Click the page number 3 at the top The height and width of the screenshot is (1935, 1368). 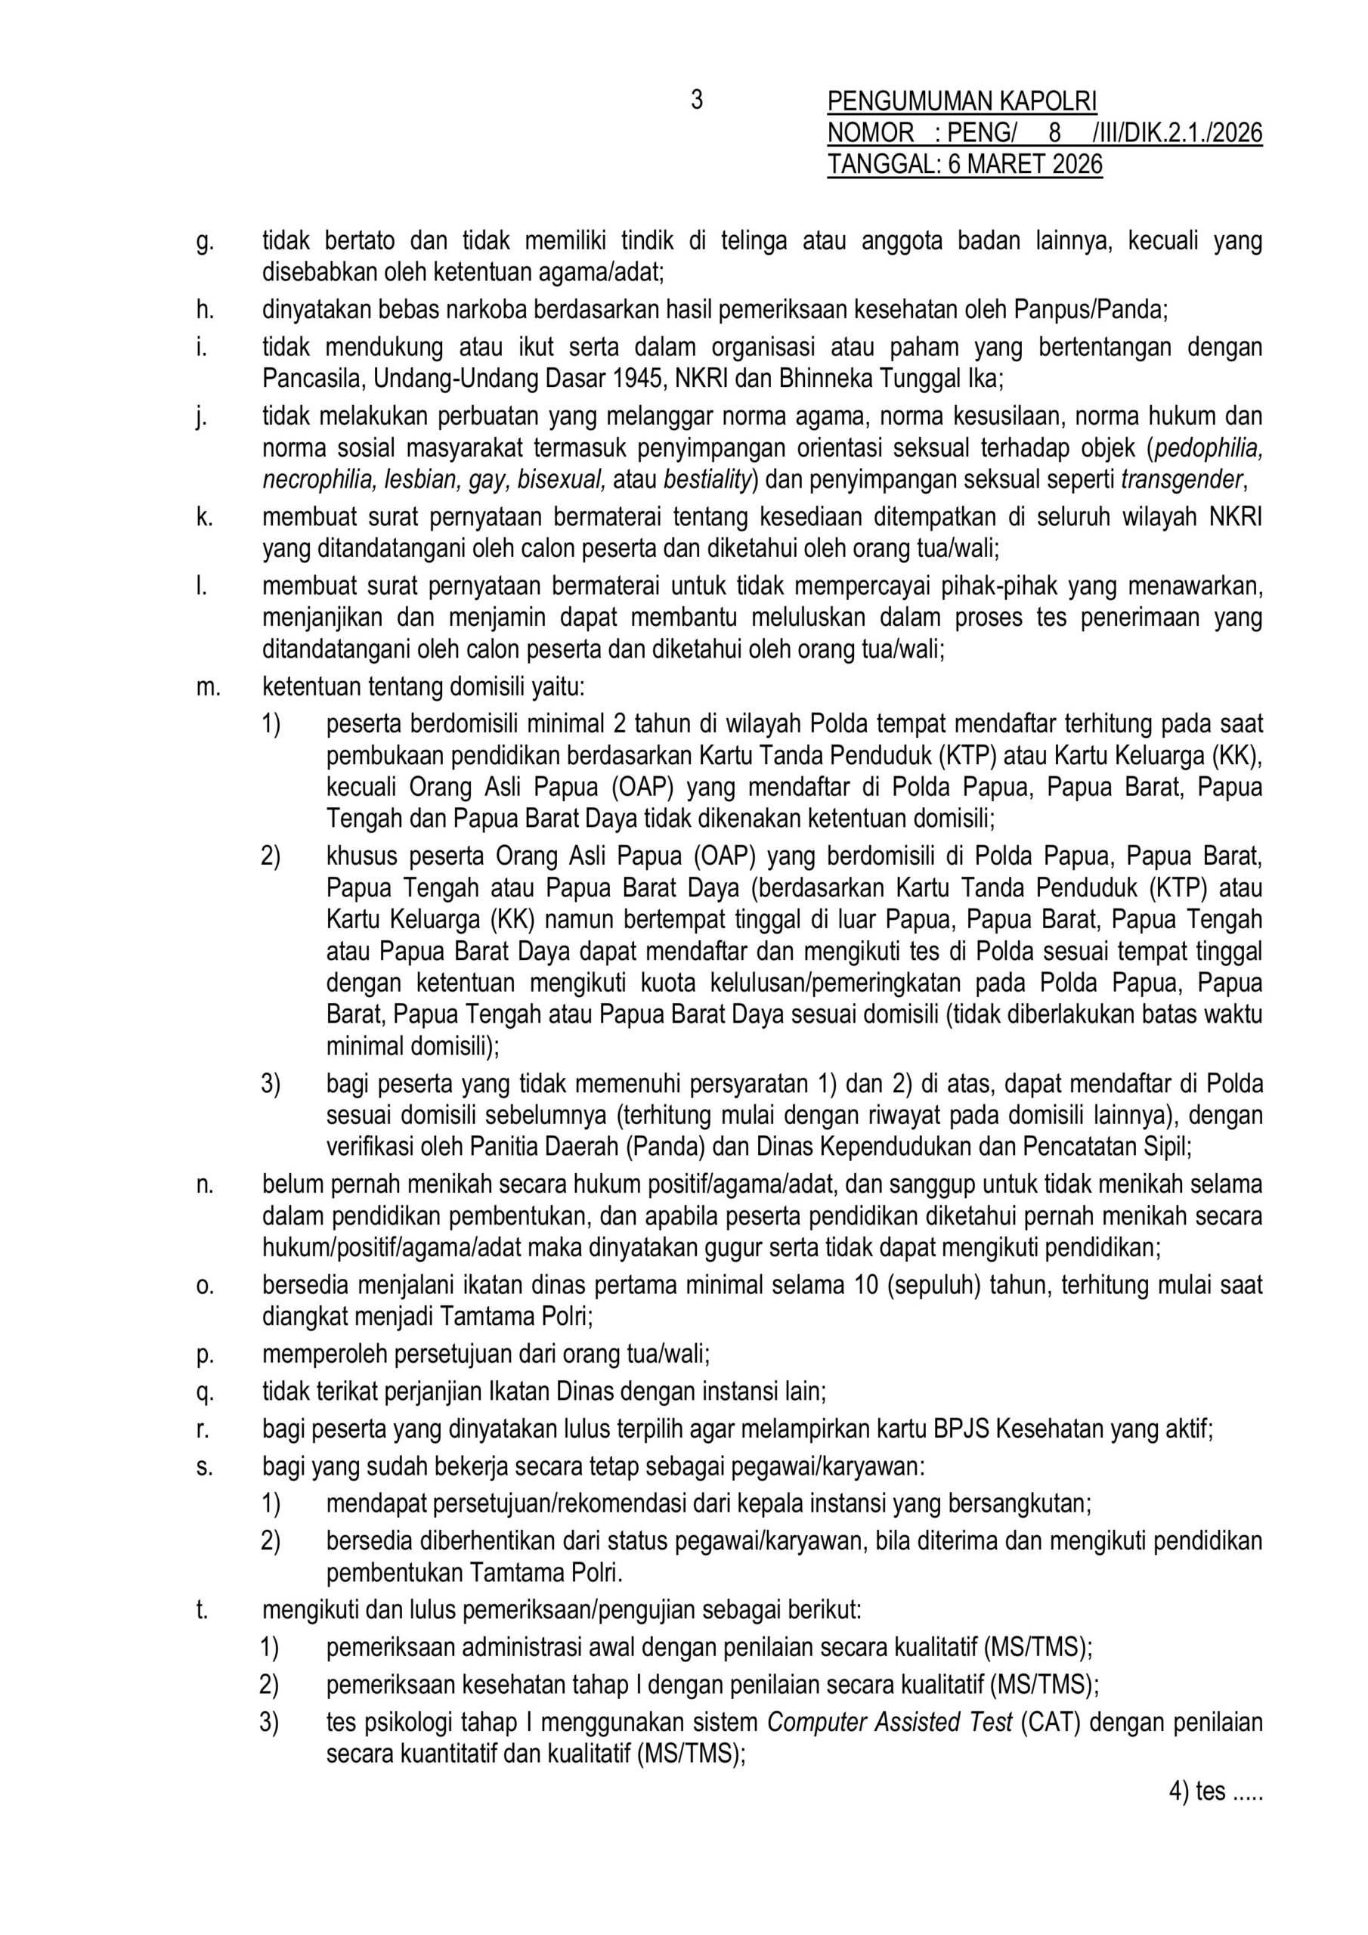pos(696,101)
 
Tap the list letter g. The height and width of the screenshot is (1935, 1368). pos(204,242)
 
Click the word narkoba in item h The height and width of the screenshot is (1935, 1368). pos(481,310)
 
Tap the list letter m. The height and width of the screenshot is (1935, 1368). pos(207,687)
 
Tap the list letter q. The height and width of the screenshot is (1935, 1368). pos(204,1392)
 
